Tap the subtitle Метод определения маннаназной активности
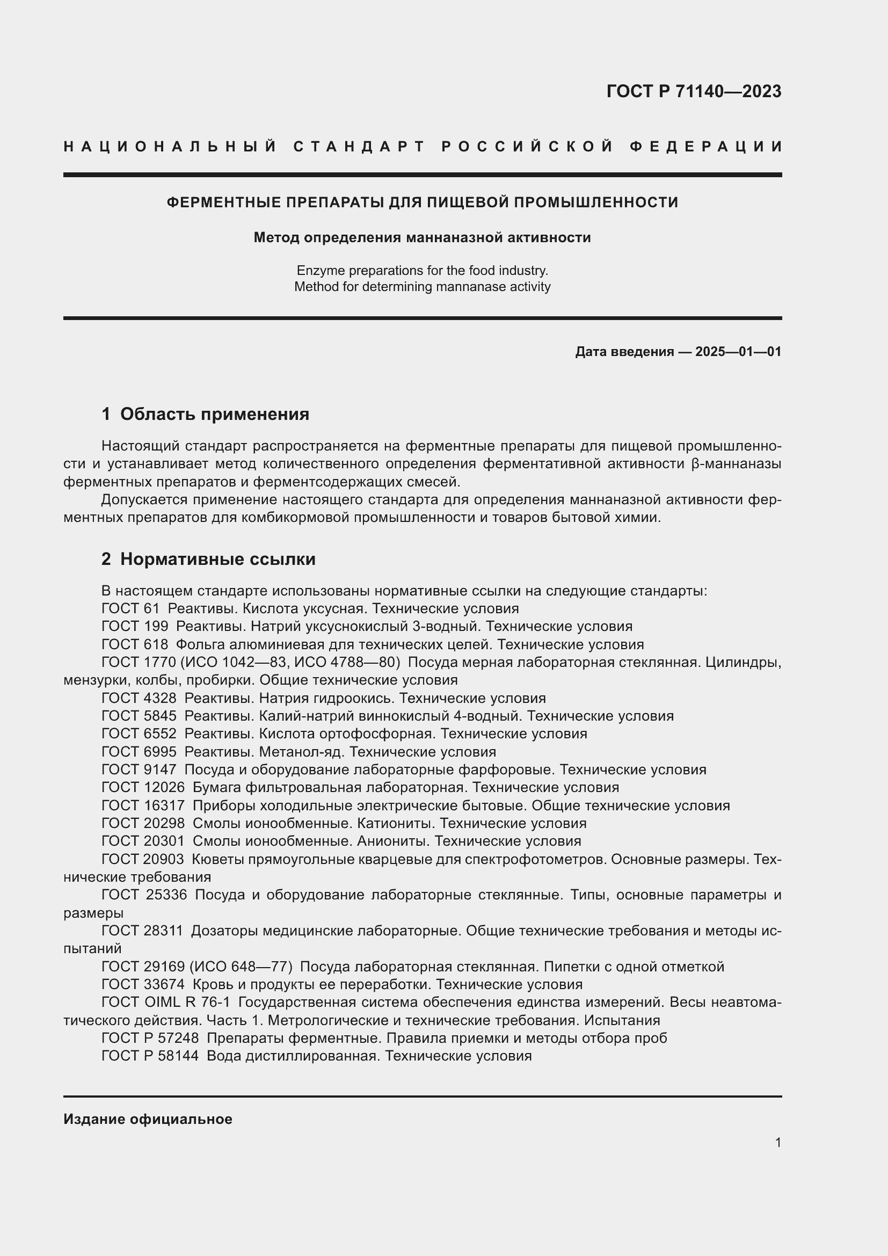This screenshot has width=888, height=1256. coord(422,237)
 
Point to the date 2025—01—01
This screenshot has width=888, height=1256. coord(738,352)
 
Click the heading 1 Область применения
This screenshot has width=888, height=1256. coord(206,414)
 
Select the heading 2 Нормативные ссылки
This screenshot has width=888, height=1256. coord(208,559)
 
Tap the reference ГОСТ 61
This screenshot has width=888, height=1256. coord(130,608)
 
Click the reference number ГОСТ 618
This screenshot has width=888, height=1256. coord(135,644)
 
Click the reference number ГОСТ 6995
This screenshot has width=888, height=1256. coord(139,752)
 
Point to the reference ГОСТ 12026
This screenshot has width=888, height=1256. coord(143,787)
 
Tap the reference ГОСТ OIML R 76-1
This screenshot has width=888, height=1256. coord(166,1002)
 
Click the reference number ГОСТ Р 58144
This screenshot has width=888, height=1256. coord(150,1056)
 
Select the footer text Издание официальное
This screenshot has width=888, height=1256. coord(148,1119)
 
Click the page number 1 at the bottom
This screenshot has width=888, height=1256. coord(777,1142)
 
